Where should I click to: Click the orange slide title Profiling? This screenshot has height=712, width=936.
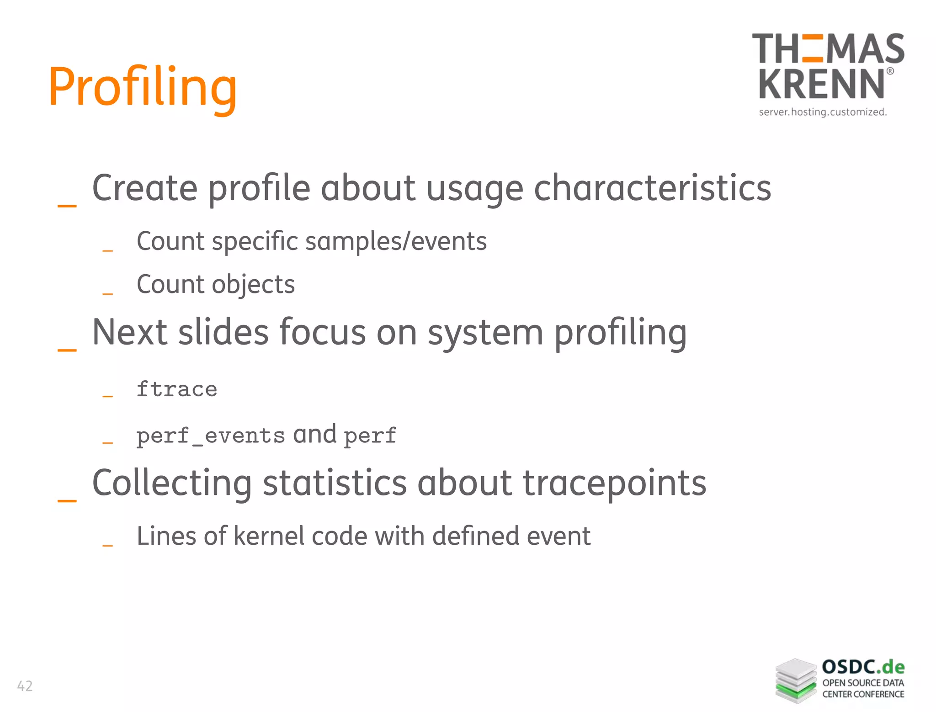[x=143, y=87]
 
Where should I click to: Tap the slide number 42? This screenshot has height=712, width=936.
[x=25, y=686]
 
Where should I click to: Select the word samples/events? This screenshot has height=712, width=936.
[x=396, y=241]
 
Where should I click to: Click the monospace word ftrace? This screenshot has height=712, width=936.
[x=177, y=389]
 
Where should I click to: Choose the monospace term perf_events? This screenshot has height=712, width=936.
[x=211, y=436]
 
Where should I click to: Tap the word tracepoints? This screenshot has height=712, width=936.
[x=614, y=484]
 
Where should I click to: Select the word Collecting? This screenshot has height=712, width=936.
[x=172, y=483]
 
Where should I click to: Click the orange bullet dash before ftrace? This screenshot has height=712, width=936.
[x=108, y=396]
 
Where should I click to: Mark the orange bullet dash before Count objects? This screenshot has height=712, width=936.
[x=108, y=293]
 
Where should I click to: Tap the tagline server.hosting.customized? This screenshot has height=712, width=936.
[x=823, y=112]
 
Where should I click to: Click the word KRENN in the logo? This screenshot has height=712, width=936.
[x=822, y=84]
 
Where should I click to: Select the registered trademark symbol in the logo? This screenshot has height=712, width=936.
[x=890, y=71]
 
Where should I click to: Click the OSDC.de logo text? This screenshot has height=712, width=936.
[x=863, y=667]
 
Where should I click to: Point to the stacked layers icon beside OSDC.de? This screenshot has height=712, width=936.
[x=796, y=680]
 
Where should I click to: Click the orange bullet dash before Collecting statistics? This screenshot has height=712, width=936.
[x=67, y=501]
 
